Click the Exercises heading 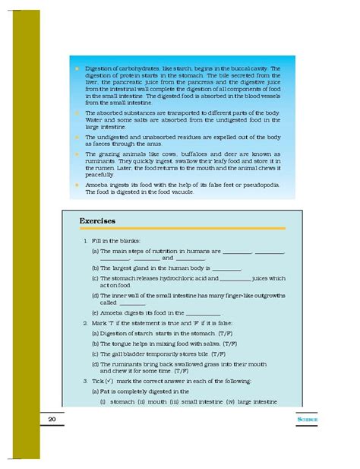pos(96,221)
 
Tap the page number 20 pos(52,419)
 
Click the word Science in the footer pos(306,419)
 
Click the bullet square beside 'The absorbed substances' pos(77,112)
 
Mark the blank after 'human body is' pos(226,268)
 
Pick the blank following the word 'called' pos(132,302)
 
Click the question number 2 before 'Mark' pos(85,323)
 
